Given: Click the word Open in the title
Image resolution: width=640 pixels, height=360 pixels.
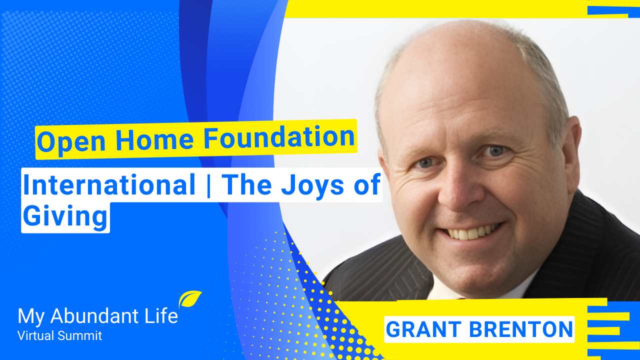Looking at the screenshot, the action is (71, 141).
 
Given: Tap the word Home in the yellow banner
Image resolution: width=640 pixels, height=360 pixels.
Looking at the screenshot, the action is (155, 139).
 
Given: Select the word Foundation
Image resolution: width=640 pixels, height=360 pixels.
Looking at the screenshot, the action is (279, 137).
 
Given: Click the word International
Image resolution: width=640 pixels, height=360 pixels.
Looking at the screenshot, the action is (109, 185).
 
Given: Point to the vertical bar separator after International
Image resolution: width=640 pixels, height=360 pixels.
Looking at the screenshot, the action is (208, 185).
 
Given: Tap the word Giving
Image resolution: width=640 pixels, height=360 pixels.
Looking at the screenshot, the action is (65, 217).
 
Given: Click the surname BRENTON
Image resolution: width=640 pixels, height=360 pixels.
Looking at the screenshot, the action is (521, 329).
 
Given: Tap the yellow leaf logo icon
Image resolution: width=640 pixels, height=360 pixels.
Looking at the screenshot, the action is (189, 299).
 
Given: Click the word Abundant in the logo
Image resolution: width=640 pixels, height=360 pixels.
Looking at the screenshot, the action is (95, 316).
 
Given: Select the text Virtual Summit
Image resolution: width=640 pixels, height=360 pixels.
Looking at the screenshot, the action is (59, 335).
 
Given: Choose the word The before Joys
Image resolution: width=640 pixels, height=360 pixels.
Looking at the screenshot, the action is (246, 185).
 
